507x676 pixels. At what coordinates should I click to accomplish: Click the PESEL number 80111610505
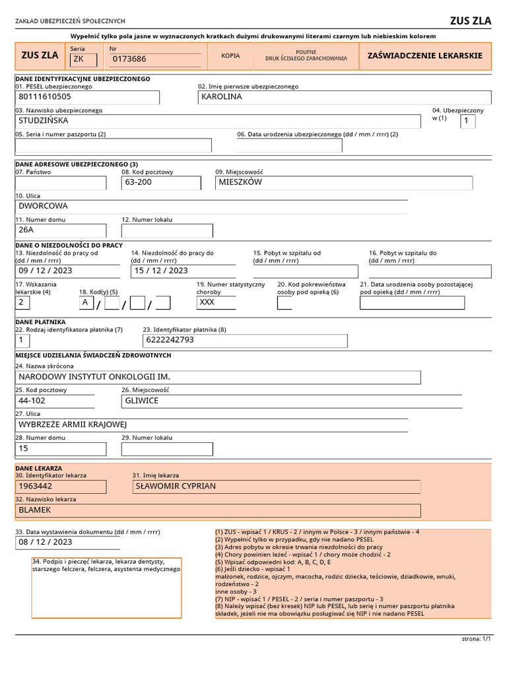(45, 97)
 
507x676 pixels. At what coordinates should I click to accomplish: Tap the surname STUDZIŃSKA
(44, 121)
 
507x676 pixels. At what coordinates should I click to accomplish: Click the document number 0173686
(129, 59)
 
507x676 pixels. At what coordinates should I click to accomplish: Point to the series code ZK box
(83, 59)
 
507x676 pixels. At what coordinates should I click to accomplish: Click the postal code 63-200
(139, 182)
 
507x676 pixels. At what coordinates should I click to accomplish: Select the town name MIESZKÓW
(240, 182)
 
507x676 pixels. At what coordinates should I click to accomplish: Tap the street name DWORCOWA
(44, 206)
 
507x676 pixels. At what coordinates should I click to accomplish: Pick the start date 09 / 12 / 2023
(46, 271)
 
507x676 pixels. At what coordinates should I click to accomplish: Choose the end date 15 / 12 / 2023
(161, 271)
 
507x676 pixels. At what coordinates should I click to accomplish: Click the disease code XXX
(207, 302)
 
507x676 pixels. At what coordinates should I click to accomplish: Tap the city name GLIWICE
(142, 401)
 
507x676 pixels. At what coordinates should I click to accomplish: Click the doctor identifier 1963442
(36, 487)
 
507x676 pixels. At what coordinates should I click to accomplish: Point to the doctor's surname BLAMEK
(35, 510)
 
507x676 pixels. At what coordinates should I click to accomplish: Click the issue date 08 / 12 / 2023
(46, 542)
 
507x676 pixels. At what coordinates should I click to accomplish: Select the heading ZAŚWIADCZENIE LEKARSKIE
(424, 56)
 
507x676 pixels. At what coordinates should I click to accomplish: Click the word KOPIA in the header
(231, 56)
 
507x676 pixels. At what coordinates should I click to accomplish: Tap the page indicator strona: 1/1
(477, 639)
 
